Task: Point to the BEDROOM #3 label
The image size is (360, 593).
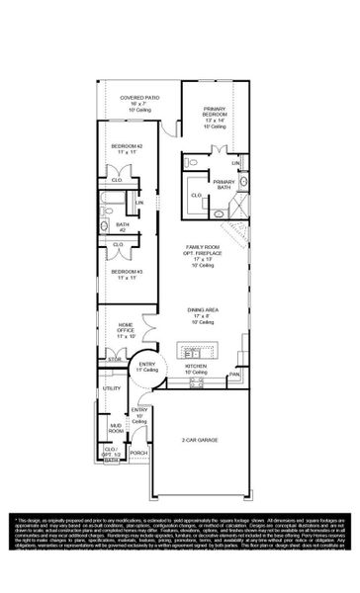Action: (x=124, y=271)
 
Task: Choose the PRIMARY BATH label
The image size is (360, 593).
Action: (x=225, y=183)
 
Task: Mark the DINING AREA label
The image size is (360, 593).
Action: (x=203, y=313)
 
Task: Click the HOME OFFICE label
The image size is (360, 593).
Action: (x=125, y=330)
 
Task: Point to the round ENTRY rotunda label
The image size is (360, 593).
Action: (x=147, y=367)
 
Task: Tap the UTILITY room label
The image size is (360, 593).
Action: (x=112, y=388)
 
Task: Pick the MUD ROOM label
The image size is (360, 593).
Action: (x=116, y=429)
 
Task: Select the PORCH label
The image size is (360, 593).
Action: (x=138, y=454)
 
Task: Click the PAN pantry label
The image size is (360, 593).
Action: (x=234, y=375)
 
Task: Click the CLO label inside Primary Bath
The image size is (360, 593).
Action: (x=195, y=196)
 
